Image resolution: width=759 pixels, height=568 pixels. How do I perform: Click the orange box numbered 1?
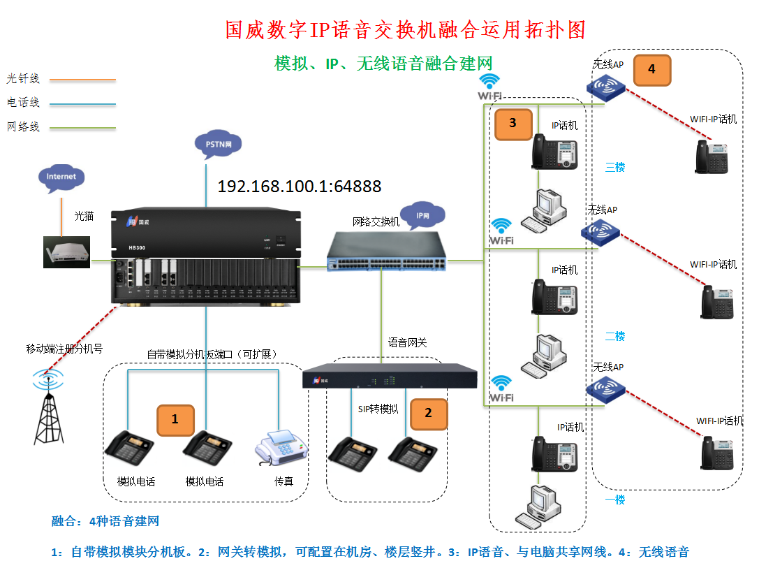[x=175, y=420]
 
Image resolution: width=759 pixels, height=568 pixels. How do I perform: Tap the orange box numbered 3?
[x=513, y=124]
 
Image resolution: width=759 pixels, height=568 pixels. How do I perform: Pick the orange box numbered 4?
[x=651, y=69]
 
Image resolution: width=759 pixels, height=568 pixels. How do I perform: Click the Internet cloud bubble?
[x=61, y=177]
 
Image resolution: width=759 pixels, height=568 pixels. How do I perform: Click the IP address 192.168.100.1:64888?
[x=300, y=187]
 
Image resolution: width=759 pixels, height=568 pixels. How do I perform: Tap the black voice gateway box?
[x=389, y=378]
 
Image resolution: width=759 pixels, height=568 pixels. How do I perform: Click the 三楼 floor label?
[x=614, y=167]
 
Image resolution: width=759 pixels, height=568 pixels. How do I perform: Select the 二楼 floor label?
[x=614, y=336]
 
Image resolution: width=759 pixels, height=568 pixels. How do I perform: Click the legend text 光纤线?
[x=23, y=78]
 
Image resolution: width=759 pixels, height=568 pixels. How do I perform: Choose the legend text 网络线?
[x=23, y=127]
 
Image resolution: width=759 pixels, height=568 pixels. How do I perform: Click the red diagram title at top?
[x=405, y=29]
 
